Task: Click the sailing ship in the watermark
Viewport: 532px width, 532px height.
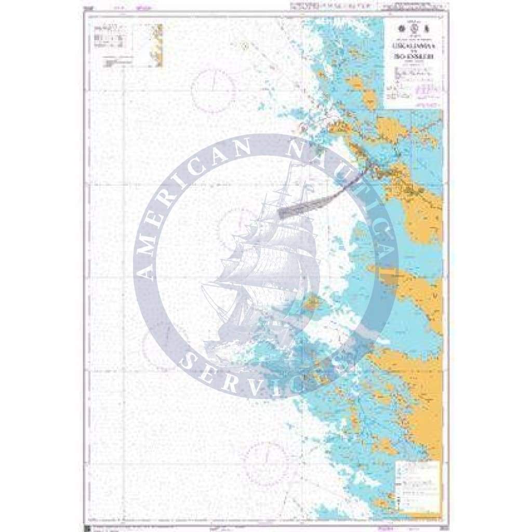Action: (x=265, y=270)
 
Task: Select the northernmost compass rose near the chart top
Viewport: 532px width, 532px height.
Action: (x=213, y=91)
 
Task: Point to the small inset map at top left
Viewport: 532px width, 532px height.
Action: (x=156, y=45)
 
